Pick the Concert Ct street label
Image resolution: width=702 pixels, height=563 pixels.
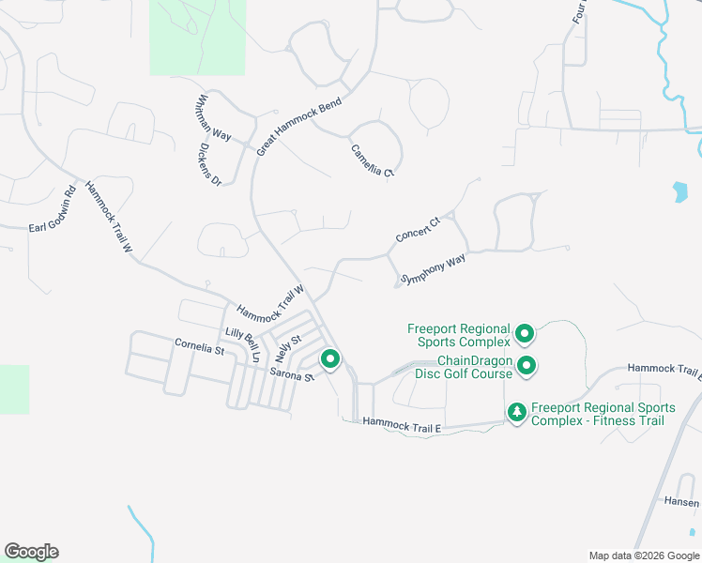click(x=418, y=230)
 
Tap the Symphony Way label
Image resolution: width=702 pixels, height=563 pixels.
click(x=433, y=268)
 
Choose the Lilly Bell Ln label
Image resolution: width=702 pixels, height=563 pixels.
click(x=242, y=344)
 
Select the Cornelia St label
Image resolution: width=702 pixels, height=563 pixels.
click(x=199, y=348)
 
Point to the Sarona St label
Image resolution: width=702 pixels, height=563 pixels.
click(x=291, y=375)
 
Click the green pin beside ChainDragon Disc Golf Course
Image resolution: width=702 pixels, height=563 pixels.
click(x=526, y=366)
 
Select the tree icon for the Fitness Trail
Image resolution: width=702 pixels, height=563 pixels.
click(x=516, y=412)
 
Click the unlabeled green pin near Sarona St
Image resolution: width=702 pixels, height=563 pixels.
click(x=330, y=358)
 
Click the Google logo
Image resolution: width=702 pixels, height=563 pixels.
click(x=31, y=552)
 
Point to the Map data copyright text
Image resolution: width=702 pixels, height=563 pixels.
click(x=643, y=555)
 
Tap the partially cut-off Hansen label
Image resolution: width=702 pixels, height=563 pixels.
click(x=680, y=503)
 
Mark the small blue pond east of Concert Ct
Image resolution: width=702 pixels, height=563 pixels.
click(x=679, y=192)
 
